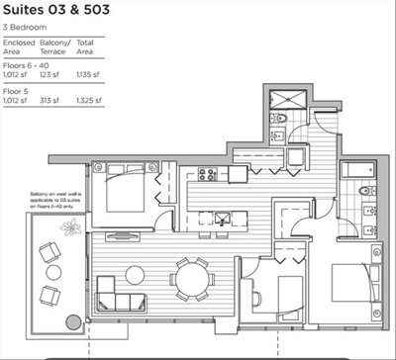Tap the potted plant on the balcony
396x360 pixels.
point(71,228)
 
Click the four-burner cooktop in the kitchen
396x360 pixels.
point(208,174)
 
